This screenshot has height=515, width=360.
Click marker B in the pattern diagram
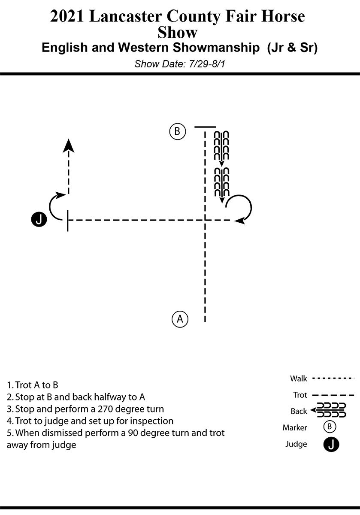click(177, 131)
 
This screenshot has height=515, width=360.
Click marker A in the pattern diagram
click(180, 319)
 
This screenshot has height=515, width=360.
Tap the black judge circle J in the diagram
click(39, 220)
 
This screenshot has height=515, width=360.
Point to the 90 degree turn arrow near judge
click(55, 205)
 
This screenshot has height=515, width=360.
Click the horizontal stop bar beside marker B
click(205, 127)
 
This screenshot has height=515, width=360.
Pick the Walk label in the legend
click(299, 379)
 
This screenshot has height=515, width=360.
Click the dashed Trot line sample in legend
click(333, 395)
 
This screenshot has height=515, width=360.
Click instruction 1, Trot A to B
click(33, 385)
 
